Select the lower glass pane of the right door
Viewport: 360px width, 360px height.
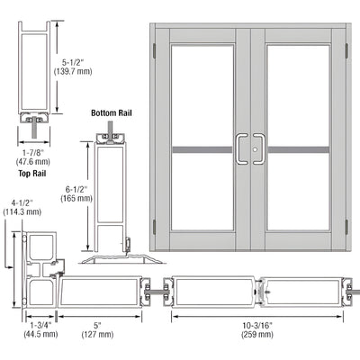pos(301,202)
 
